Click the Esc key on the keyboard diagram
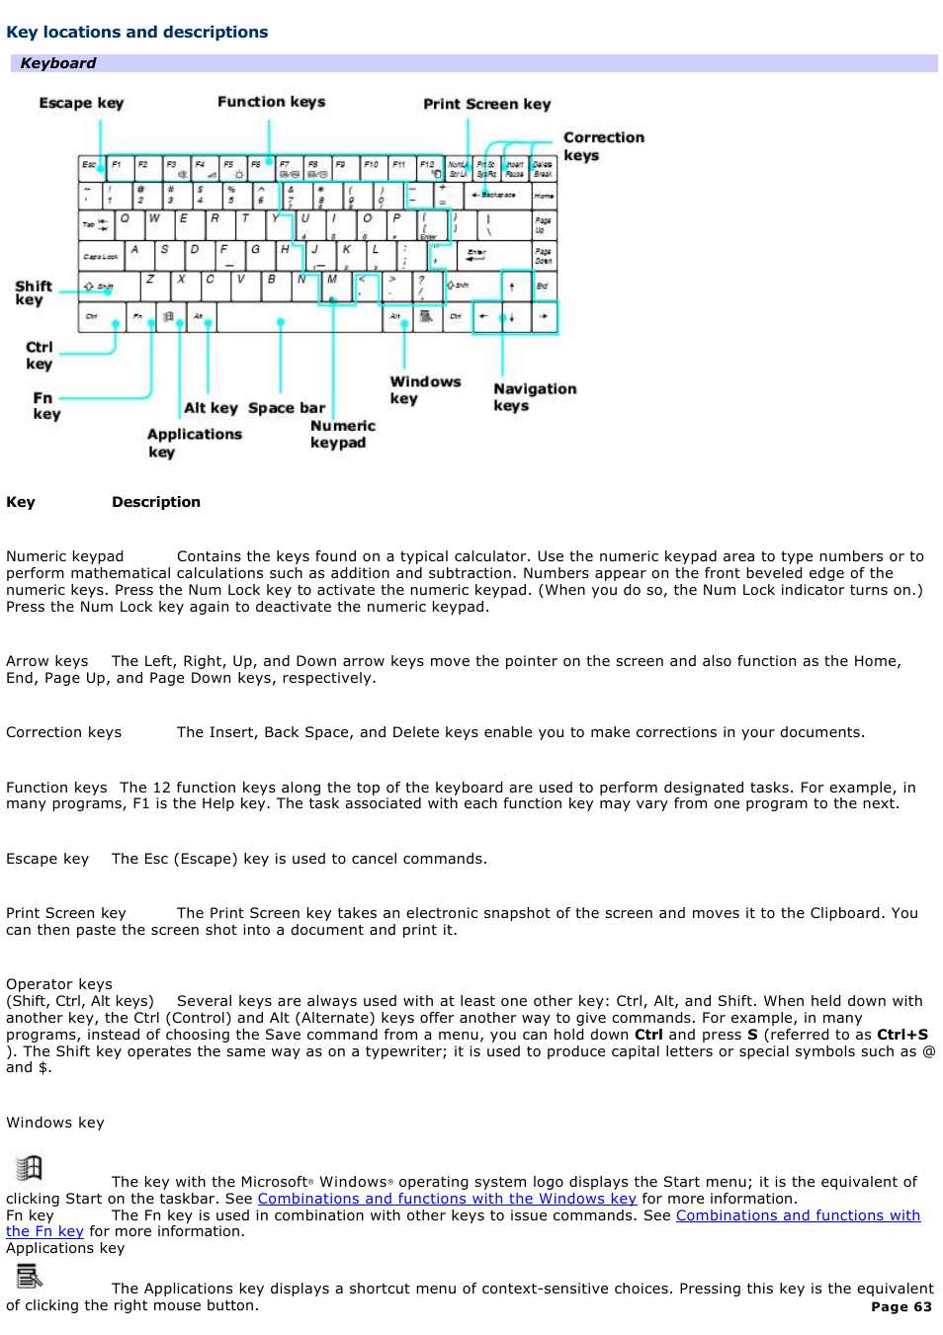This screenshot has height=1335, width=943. [x=90, y=166]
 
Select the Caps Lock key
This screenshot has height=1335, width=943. [x=100, y=256]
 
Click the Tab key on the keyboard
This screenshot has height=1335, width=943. [x=96, y=224]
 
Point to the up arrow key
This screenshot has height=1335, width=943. [x=512, y=286]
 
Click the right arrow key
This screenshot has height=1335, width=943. [x=544, y=317]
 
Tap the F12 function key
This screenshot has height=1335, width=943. [x=429, y=166]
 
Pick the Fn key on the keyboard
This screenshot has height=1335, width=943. [x=138, y=317]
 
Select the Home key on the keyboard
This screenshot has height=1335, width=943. [x=544, y=195]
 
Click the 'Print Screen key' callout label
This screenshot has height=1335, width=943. [x=486, y=104]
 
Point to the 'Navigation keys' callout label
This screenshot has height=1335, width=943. [x=534, y=396]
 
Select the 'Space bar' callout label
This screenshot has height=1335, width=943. [x=287, y=408]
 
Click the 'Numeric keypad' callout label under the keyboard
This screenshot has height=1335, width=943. [x=342, y=434]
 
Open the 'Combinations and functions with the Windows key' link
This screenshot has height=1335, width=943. [x=447, y=1199]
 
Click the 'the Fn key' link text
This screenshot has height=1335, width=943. [x=44, y=1231]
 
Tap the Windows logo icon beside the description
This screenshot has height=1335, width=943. [x=29, y=1168]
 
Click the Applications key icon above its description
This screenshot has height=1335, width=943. [x=29, y=1276]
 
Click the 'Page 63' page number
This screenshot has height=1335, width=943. [x=900, y=1306]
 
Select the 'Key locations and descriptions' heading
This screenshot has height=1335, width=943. [x=137, y=32]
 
